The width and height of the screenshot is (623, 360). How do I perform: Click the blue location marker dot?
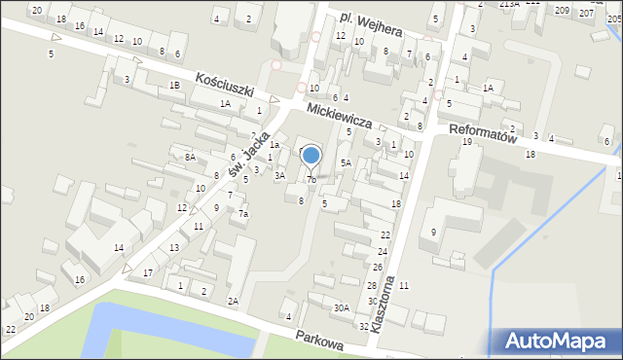tap(311, 155)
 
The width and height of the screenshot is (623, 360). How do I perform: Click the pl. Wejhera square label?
tap(372, 24)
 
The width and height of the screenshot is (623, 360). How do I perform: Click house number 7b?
tap(311, 179)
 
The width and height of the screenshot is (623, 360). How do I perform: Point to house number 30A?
tap(341, 307)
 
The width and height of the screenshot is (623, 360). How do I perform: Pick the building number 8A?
tap(191, 156)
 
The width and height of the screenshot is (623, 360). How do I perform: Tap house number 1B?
tap(174, 86)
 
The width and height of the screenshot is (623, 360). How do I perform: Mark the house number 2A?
tap(233, 302)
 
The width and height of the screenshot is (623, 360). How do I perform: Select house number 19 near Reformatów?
tap(466, 142)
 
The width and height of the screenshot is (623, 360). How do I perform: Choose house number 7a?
tap(244, 214)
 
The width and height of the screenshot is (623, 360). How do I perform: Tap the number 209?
tap(562, 10)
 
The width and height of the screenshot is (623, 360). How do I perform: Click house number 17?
tap(148, 272)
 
